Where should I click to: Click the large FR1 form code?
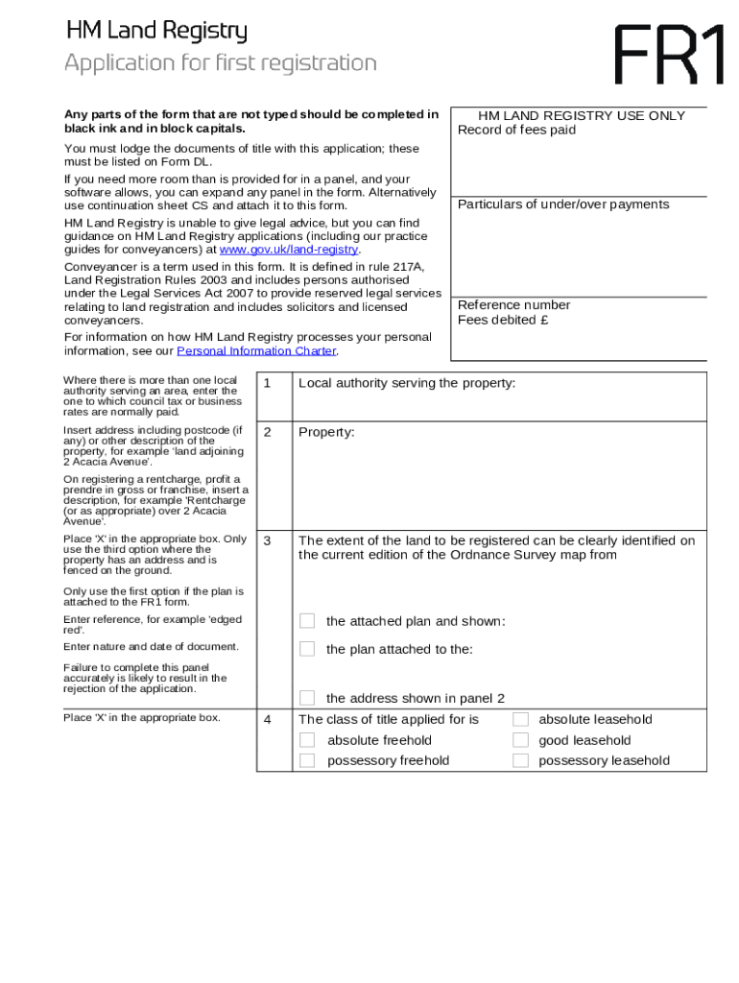[x=669, y=55]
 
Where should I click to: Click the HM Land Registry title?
[x=156, y=32]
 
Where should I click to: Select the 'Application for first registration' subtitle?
[x=221, y=63]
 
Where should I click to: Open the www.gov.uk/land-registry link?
[x=289, y=250]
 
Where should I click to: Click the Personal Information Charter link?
[x=257, y=351]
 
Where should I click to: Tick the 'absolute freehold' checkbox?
[x=307, y=740]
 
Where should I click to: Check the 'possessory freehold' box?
[x=307, y=760]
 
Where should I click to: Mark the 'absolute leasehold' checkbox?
[x=520, y=719]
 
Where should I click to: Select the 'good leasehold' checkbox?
[x=520, y=740]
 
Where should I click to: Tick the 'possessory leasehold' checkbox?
[x=520, y=760]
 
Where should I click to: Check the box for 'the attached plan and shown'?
[x=307, y=621]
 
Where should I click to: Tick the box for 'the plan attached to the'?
[x=307, y=649]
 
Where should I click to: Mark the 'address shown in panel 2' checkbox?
[x=307, y=698]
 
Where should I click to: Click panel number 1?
[x=268, y=384]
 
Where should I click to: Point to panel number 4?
[x=268, y=720]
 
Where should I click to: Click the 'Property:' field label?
[x=326, y=432]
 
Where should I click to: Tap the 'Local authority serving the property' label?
[x=407, y=383]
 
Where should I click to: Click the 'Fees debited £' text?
[x=503, y=320]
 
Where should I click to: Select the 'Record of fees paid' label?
[x=516, y=130]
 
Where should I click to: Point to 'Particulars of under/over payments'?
[x=563, y=204]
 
